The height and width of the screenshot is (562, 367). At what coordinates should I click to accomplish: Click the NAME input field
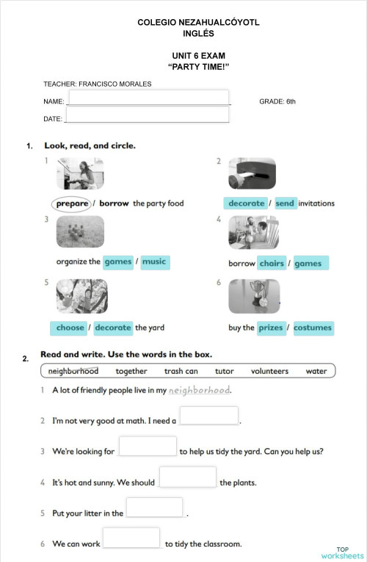point(148,98)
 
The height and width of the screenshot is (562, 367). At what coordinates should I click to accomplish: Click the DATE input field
point(147,115)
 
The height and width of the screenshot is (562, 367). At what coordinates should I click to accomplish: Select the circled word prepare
point(72,203)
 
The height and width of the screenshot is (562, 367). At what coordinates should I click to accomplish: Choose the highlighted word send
point(285,203)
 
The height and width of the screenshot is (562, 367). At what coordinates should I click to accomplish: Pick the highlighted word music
point(154,262)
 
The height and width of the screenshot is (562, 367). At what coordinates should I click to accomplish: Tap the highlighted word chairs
point(271,263)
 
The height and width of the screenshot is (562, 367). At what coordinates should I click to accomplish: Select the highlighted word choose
point(70,328)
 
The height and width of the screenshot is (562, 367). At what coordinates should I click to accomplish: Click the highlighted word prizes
point(270,328)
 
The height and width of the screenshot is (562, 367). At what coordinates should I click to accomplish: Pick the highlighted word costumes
point(313,328)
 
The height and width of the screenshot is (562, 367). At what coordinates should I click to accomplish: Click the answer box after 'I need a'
point(209,416)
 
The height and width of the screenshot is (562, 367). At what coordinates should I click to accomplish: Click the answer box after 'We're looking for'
point(148,446)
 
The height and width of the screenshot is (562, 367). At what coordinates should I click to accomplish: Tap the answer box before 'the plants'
point(187,477)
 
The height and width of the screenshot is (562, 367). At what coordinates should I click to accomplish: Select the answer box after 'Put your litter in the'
point(154,508)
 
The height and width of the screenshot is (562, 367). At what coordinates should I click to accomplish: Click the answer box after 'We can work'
point(131,538)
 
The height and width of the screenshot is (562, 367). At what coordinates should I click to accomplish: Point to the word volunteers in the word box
point(269,372)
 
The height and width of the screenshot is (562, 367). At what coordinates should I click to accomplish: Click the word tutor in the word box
point(225,372)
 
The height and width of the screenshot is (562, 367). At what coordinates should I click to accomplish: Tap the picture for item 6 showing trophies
point(254,296)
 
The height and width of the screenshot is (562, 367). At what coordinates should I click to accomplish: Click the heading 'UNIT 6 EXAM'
point(198,56)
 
